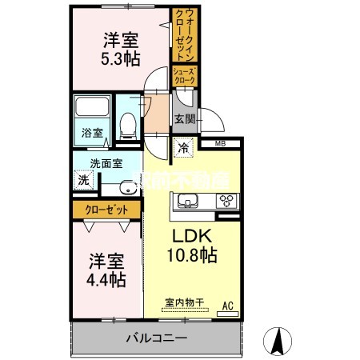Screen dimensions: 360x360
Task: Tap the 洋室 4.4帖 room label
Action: (x=106, y=270)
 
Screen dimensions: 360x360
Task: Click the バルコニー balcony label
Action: (x=156, y=338)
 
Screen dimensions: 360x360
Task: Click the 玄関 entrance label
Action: (x=185, y=119)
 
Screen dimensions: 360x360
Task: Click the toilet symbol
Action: (x=126, y=122)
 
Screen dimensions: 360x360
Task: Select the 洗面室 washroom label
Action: (x=105, y=162)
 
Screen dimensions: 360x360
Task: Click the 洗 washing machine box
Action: (x=84, y=180)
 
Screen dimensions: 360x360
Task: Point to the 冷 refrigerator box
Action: (x=183, y=147)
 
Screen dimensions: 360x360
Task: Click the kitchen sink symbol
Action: (x=188, y=201)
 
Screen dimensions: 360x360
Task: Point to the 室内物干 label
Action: (x=185, y=303)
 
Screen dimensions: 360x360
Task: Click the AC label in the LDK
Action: (x=226, y=305)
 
